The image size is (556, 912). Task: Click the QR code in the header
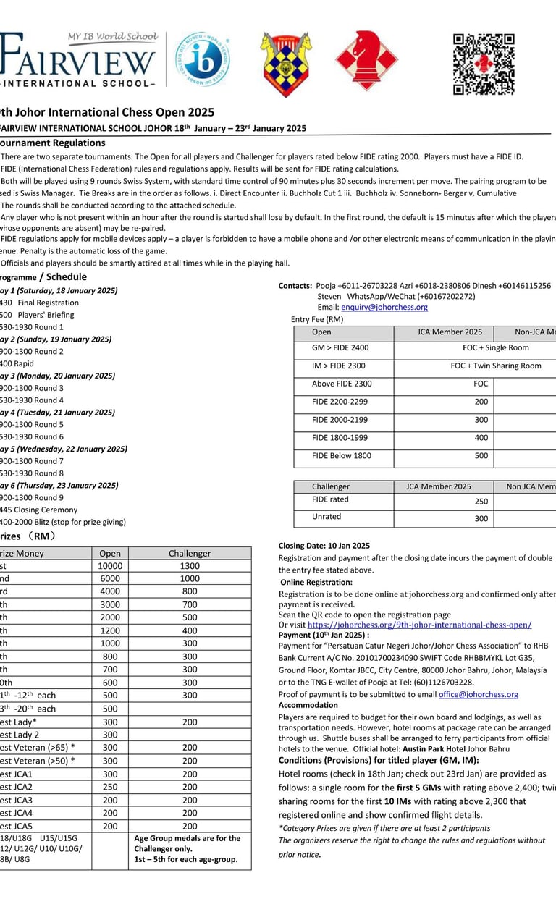coord(483,64)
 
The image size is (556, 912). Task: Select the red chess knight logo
coord(366,61)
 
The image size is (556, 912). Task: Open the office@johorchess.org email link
coord(479,694)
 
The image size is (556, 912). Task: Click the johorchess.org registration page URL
coord(419,625)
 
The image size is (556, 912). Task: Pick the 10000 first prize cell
coord(110,566)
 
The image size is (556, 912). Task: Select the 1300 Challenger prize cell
coord(190,566)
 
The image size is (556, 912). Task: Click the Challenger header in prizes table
coord(190,553)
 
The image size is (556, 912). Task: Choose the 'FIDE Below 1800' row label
coord(342,456)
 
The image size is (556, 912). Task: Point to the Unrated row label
coord(327,517)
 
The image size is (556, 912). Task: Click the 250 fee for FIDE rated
coord(481,500)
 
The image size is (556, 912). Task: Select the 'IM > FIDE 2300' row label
coord(339,366)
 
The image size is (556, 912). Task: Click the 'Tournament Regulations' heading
coord(52,143)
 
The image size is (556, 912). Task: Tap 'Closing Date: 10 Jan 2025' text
coord(324,546)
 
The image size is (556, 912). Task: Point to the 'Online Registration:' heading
coord(316,582)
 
